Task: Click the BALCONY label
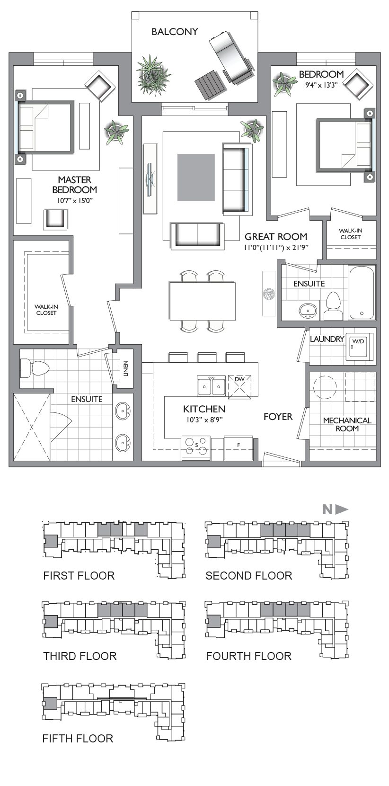[175, 32]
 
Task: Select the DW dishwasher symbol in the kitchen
[239, 387]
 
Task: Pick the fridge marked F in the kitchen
[239, 447]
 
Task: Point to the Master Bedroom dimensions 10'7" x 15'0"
[75, 201]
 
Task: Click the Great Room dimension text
[276, 247]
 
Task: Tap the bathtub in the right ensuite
[362, 292]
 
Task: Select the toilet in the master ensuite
[35, 368]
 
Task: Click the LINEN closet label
[125, 368]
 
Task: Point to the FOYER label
[278, 417]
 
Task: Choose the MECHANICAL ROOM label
[347, 424]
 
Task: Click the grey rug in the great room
[196, 177]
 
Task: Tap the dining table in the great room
[203, 301]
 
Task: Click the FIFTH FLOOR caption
[78, 738]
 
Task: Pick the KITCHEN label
[204, 409]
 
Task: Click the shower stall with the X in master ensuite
[32, 427]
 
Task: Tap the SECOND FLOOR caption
[249, 575]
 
